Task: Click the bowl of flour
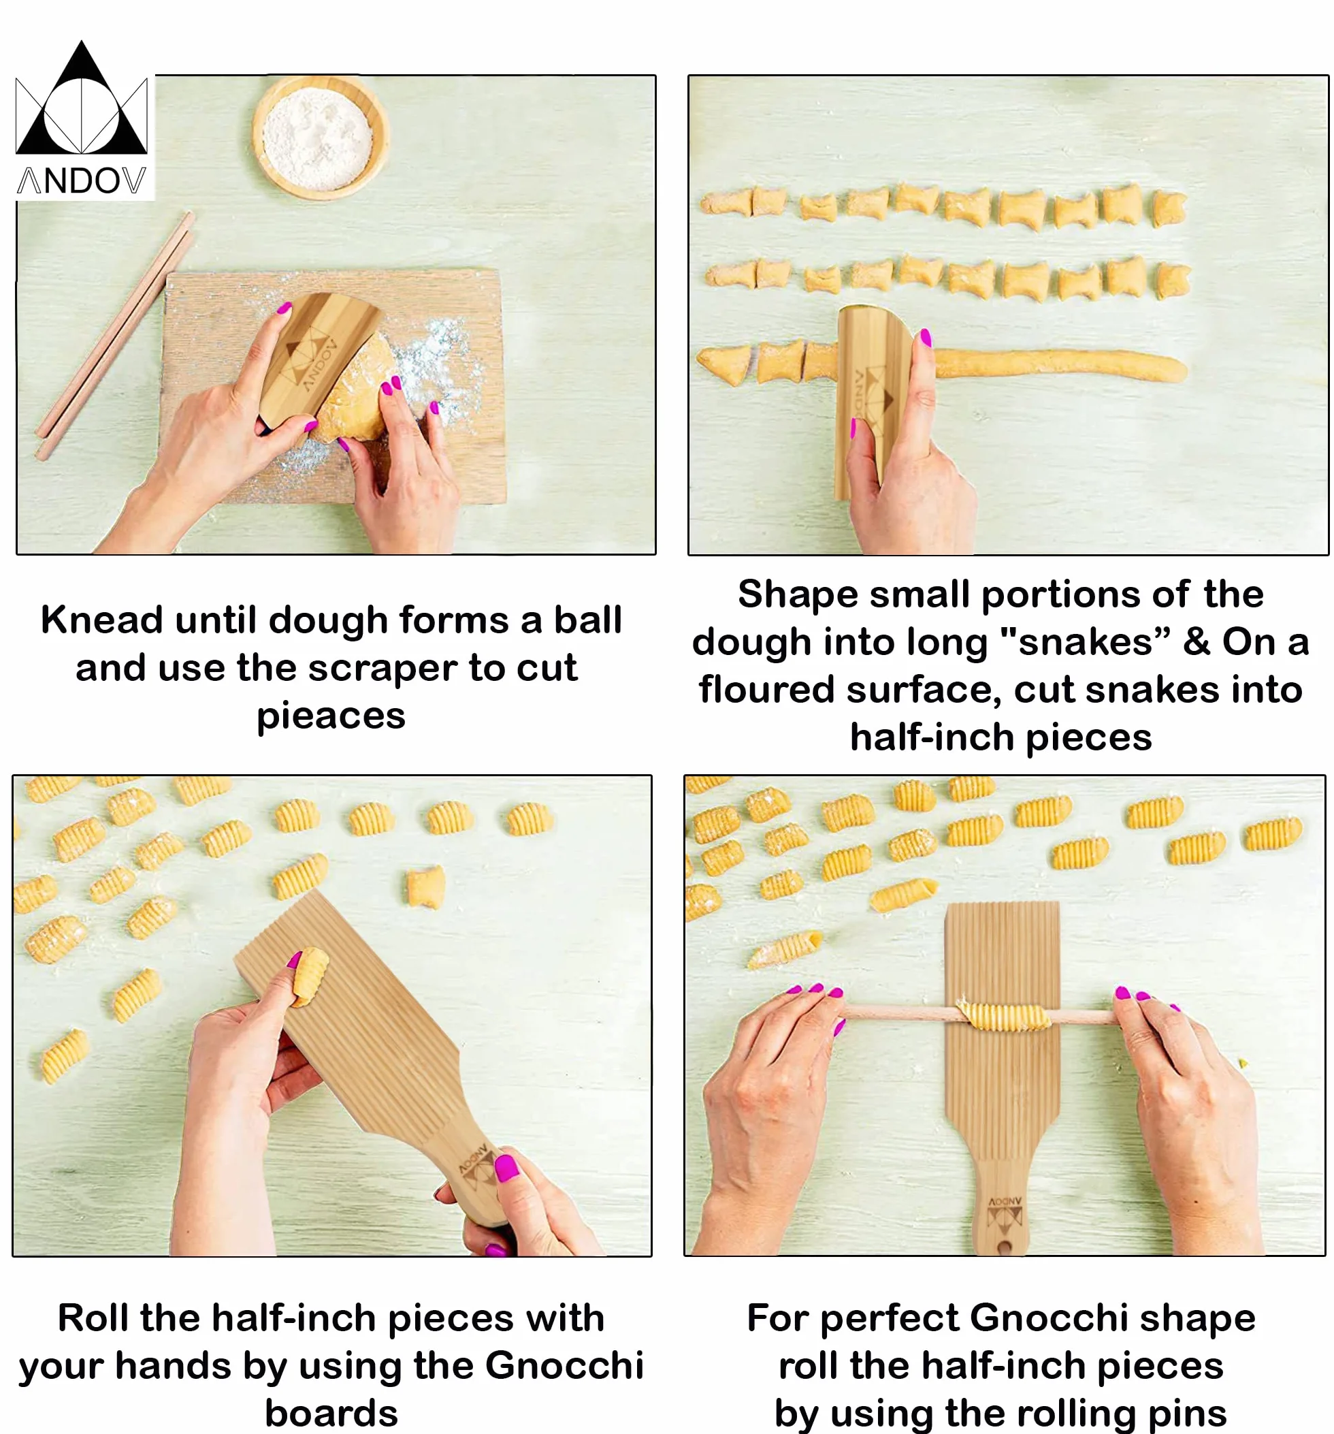pyautogui.click(x=320, y=136)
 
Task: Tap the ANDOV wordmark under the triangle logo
pyautogui.click(x=82, y=180)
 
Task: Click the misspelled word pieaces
pyautogui.click(x=331, y=716)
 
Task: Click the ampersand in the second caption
pyautogui.click(x=1196, y=641)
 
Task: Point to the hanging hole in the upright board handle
pyautogui.click(x=1003, y=1246)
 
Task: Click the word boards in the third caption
pyautogui.click(x=331, y=1414)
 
